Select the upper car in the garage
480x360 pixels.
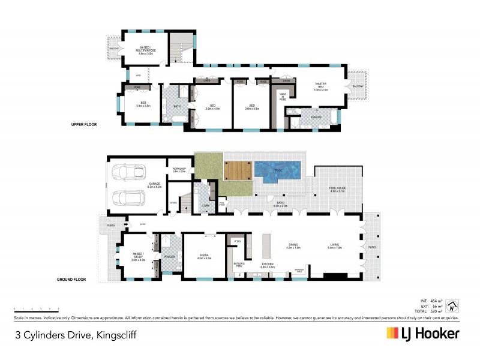tap(128, 172)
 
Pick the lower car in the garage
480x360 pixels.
tap(127, 198)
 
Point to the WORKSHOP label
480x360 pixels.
tap(179, 170)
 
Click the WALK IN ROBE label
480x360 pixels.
tap(282, 97)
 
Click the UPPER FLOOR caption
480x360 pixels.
tap(82, 124)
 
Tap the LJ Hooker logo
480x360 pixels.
tap(423, 333)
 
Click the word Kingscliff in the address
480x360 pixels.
tap(115, 334)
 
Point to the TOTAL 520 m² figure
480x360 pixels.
tap(432, 311)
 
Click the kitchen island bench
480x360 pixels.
tap(268, 246)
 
